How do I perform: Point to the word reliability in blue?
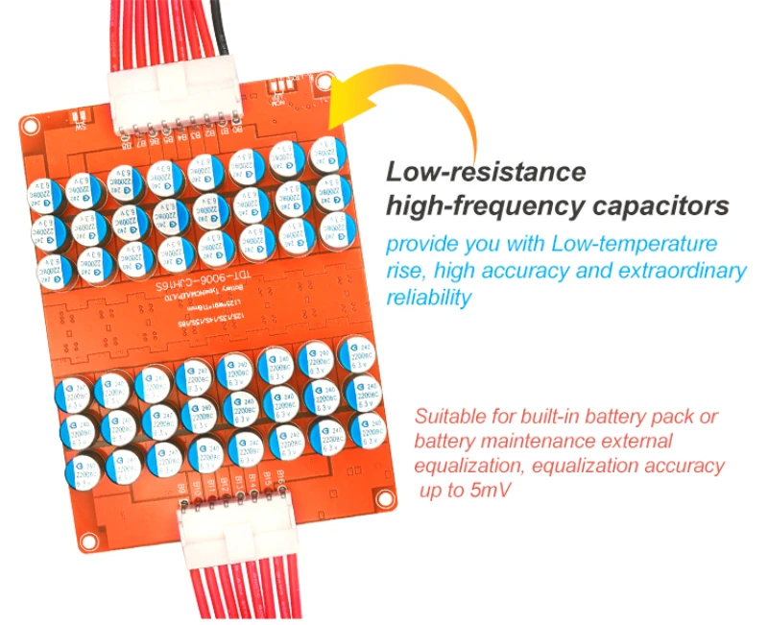(x=428, y=298)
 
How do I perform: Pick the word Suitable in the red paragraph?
(x=451, y=418)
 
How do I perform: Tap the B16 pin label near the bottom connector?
(x=284, y=476)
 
